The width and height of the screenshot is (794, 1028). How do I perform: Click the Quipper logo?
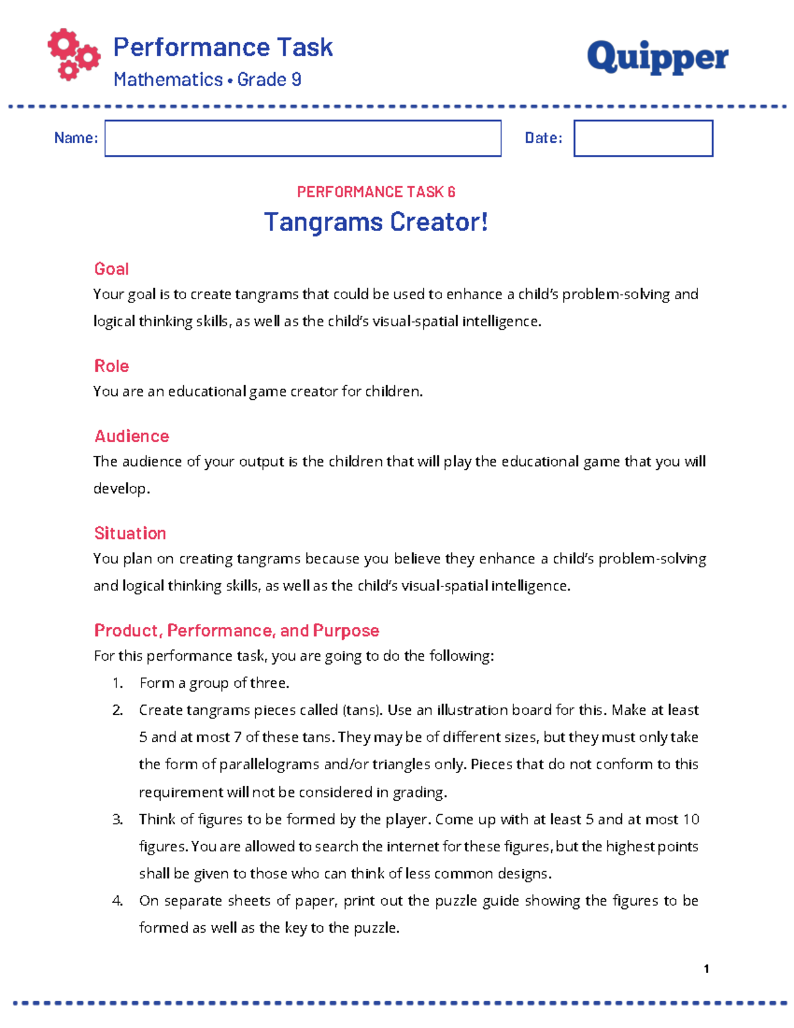(657, 58)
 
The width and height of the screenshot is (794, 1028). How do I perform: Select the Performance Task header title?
(223, 48)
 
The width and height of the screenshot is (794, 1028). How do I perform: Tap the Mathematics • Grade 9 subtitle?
(207, 79)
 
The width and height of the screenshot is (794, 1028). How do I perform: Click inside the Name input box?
(302, 138)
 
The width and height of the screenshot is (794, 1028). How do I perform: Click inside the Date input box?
(642, 138)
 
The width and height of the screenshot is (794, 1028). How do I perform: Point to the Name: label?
(76, 138)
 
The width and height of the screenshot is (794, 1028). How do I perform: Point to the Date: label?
(543, 138)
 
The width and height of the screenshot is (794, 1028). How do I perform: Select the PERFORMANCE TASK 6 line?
(376, 192)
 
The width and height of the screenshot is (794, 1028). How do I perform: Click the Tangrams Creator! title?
(376, 222)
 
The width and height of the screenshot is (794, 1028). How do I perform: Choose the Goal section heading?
(111, 269)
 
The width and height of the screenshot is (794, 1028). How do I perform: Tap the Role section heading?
(111, 366)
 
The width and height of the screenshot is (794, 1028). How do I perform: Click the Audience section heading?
(132, 436)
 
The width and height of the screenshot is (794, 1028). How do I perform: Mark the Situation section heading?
(130, 534)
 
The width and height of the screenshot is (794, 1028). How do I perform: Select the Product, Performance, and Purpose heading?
(236, 630)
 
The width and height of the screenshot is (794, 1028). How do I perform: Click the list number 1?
(118, 683)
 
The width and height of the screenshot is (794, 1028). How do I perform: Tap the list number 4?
(118, 901)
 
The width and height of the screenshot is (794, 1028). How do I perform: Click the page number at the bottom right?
(707, 969)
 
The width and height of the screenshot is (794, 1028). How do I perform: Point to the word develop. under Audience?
(122, 489)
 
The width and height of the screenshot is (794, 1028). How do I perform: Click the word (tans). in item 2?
(362, 710)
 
